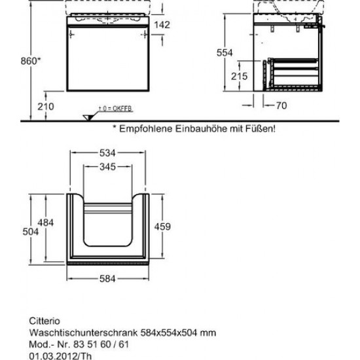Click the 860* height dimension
click(31, 61)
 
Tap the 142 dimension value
click(162, 25)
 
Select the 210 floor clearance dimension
click(46, 107)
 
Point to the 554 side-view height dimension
click(225, 53)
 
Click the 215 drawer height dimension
click(239, 76)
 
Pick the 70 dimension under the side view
click(281, 105)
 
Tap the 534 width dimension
click(107, 153)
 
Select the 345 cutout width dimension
click(107, 167)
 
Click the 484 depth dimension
click(46, 223)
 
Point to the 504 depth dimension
click(31, 232)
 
